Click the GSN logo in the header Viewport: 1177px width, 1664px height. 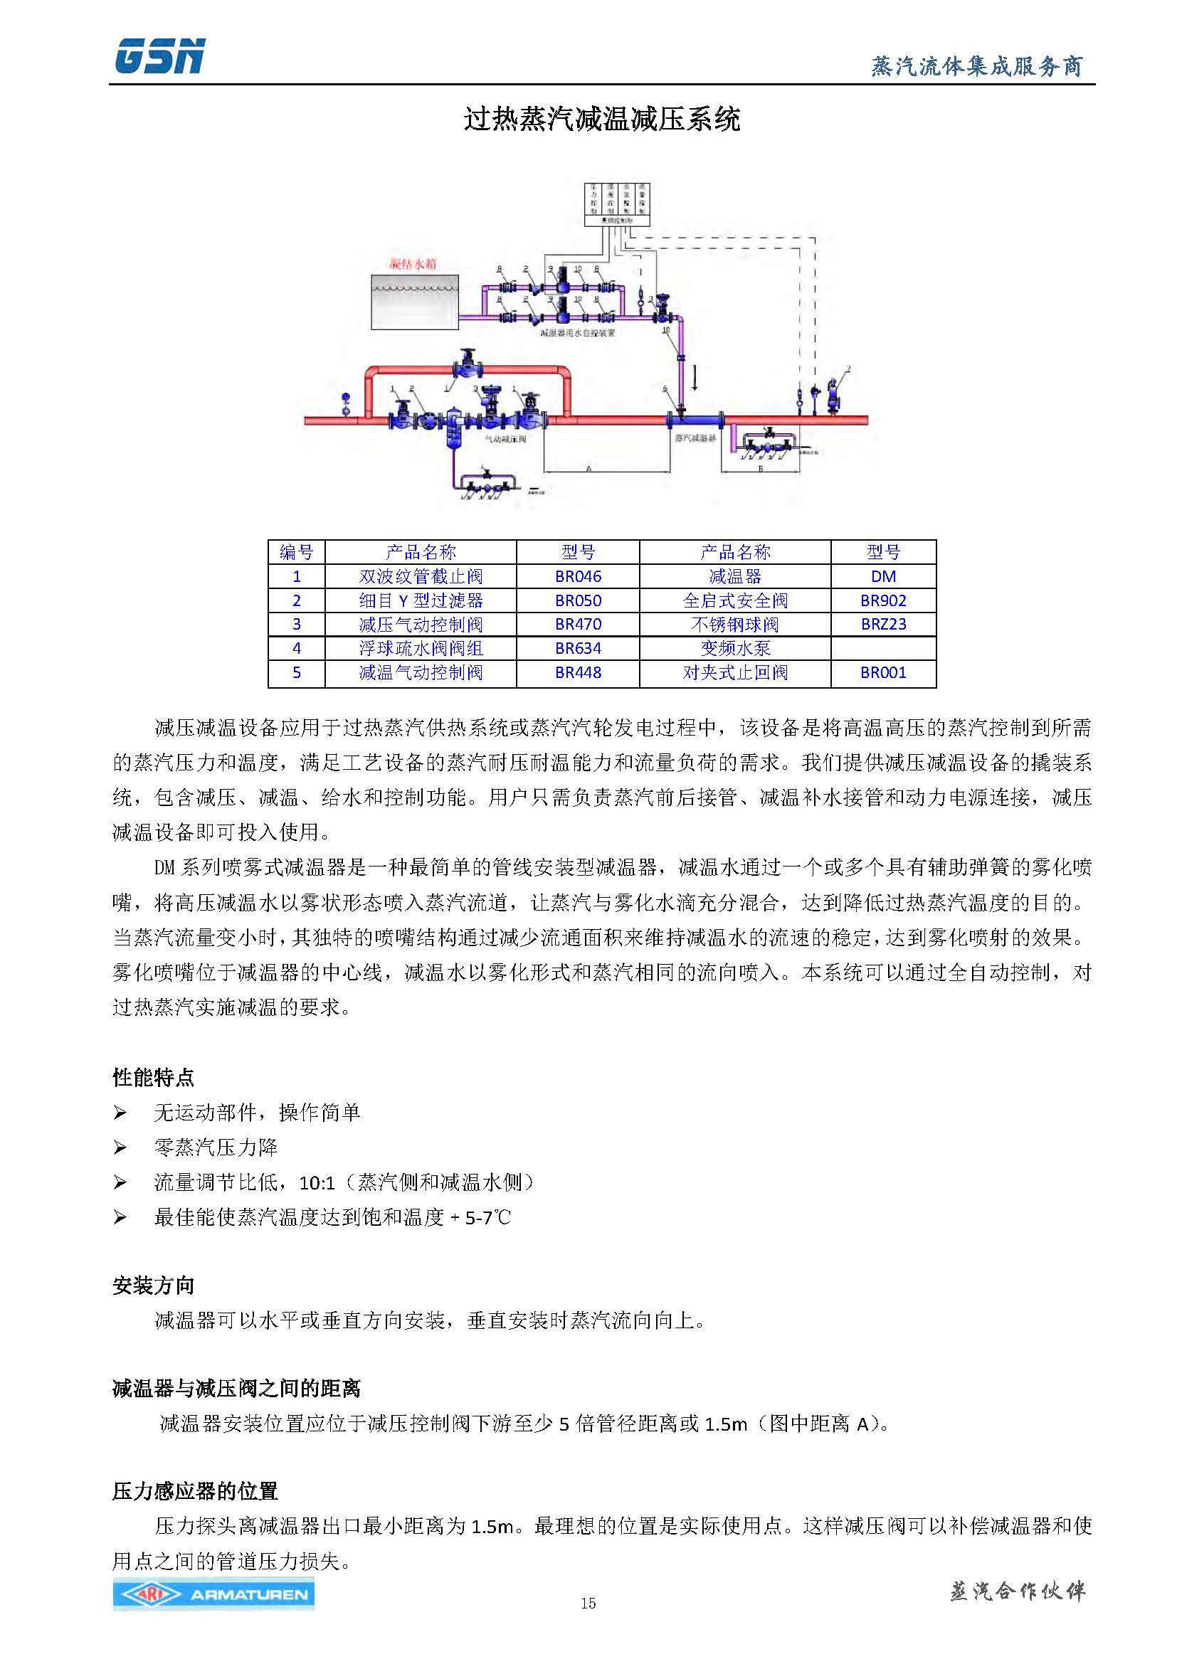159,56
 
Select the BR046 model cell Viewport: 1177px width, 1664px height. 578,576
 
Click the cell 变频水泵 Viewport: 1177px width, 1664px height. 734,648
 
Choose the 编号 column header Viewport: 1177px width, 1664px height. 296,552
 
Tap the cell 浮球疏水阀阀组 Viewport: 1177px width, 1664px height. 421,648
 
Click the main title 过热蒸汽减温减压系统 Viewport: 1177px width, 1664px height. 601,119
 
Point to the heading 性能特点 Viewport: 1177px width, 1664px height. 153,1078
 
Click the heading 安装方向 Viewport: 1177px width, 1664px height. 153,1286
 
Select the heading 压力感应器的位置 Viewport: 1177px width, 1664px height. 195,1491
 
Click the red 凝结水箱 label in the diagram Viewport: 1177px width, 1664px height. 413,264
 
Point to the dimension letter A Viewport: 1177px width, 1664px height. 588,469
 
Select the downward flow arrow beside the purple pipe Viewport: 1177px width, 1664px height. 695,378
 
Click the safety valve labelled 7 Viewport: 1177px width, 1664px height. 838,395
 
